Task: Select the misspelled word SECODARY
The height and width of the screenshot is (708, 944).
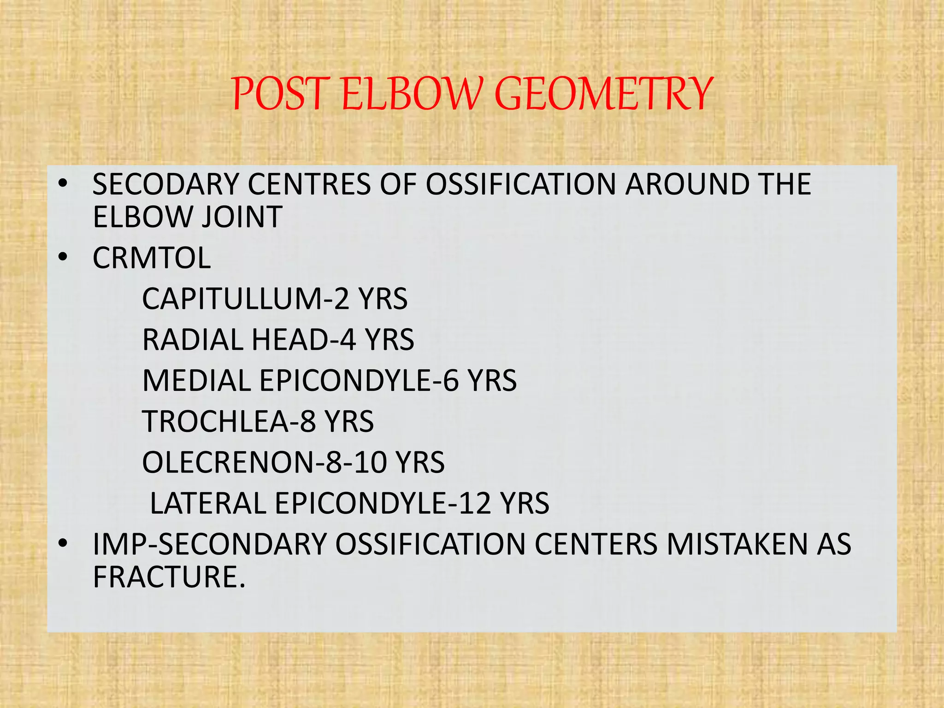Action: coord(165,184)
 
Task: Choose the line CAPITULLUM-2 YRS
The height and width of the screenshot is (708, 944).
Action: coord(275,299)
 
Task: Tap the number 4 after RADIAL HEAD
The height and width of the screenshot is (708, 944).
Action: coord(347,340)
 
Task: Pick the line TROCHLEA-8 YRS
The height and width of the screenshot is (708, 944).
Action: coord(258,421)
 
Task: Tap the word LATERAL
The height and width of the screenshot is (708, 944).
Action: coord(208,503)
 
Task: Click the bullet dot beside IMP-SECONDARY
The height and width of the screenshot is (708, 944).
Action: coord(63,543)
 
